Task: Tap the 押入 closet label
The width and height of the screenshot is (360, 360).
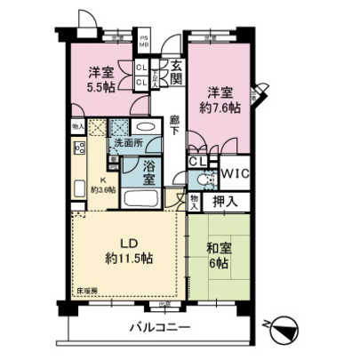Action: (x=226, y=202)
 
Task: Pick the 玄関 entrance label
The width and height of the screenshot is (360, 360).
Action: (x=177, y=71)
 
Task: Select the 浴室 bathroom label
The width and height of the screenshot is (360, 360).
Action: (x=150, y=171)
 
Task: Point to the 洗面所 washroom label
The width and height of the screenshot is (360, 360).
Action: (x=126, y=145)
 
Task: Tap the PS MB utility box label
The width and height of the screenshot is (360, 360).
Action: (x=144, y=41)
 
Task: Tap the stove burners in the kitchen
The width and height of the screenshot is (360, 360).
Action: (x=78, y=148)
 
